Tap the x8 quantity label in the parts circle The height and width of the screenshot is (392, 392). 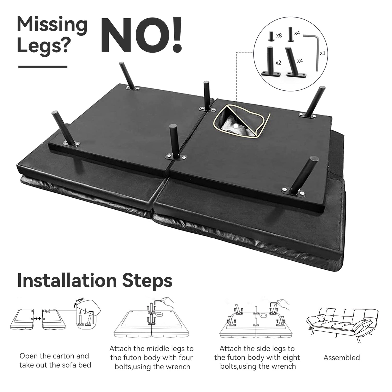279,36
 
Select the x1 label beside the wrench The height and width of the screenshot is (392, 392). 322,53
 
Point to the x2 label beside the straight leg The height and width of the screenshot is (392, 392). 278,63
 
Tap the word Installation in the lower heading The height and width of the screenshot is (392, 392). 67,280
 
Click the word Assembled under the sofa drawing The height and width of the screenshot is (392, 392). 342,358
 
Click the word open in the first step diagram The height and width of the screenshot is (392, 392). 80,300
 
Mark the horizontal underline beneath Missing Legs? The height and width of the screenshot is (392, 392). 43,67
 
